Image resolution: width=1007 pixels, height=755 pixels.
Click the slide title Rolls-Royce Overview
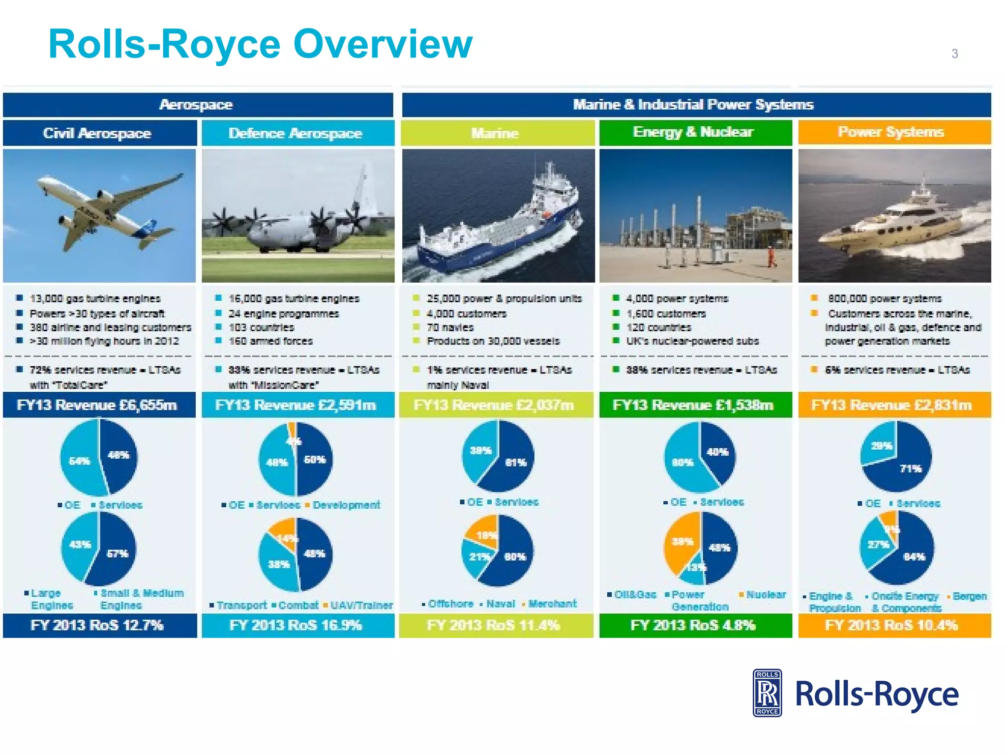tap(260, 44)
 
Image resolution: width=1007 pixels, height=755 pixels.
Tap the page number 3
tap(954, 54)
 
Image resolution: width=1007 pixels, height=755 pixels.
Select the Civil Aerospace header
tap(97, 133)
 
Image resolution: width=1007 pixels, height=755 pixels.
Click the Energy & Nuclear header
tap(693, 132)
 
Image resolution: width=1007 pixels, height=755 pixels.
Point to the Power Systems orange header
tap(891, 132)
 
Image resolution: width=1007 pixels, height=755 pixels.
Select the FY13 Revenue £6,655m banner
tap(97, 405)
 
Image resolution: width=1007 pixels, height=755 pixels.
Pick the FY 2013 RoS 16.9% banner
tap(296, 625)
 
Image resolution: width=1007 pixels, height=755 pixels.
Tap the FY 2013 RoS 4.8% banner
tap(693, 625)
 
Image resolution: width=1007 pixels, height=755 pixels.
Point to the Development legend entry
tap(346, 505)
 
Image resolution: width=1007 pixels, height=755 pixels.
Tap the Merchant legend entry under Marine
tap(552, 604)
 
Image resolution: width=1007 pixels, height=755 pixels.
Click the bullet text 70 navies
tap(449, 327)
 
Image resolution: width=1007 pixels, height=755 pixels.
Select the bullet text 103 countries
tap(261, 327)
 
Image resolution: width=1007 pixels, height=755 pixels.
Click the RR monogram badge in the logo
tap(767, 693)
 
